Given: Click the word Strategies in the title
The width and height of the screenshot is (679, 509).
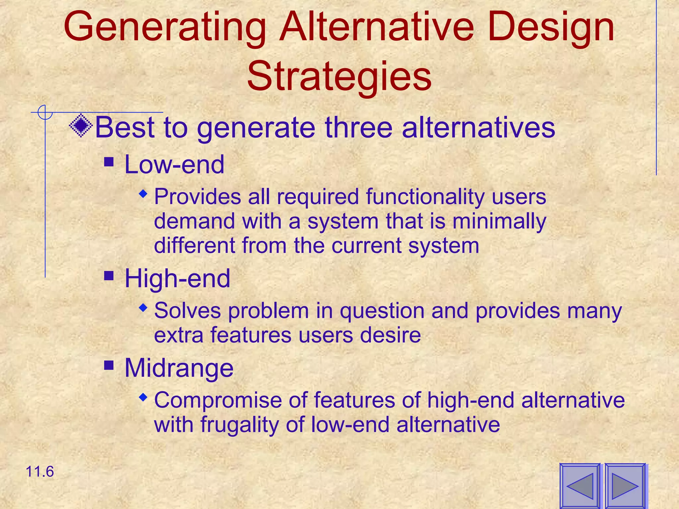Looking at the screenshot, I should (339, 77).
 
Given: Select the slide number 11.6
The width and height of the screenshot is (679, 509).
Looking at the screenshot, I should (39, 472).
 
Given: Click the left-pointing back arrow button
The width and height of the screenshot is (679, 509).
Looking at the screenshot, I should (580, 486).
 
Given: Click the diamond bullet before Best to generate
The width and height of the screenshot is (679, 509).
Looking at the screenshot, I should (81, 126).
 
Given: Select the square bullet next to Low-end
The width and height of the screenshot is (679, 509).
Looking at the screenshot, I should (109, 162).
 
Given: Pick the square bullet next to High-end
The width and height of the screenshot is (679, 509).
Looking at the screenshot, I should (109, 276).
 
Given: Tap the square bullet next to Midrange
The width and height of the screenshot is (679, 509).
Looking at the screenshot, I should (109, 365).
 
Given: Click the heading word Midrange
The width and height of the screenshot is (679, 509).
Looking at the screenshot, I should (179, 368).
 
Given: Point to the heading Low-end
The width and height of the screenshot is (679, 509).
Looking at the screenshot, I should (174, 165).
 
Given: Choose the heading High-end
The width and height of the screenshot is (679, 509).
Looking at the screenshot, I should (177, 279).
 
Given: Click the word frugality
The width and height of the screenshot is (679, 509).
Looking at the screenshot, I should (239, 424).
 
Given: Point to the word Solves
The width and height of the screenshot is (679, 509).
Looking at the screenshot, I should (187, 311).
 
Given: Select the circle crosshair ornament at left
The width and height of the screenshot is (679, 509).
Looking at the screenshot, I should (45, 112).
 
